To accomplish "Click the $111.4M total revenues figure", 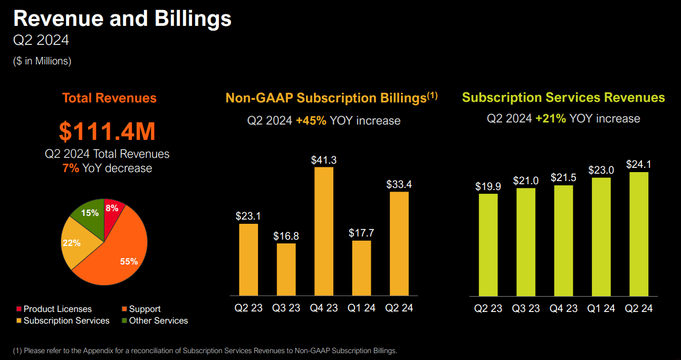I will click(x=107, y=131).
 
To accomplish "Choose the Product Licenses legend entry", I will click(x=54, y=309).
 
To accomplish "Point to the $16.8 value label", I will click(x=286, y=236).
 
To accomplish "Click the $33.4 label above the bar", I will click(x=399, y=185).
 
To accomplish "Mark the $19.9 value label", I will click(x=488, y=187).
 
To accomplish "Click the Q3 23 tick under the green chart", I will click(x=526, y=308).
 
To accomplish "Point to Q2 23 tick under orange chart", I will click(x=248, y=308).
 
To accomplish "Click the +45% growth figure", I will click(x=311, y=121).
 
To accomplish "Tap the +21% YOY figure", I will click(x=551, y=119).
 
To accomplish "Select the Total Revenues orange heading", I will click(x=109, y=98).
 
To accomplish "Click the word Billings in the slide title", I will click(x=193, y=19).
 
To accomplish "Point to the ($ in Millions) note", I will click(x=42, y=61).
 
